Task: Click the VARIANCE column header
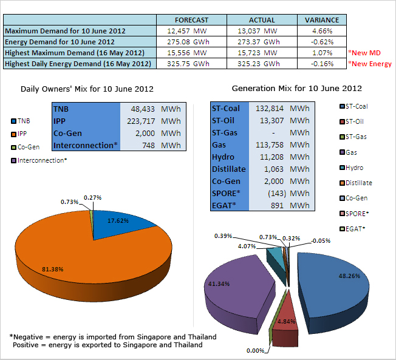point(322,20)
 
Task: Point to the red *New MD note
point(364,53)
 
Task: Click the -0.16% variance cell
point(322,64)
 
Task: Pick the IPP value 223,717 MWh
point(154,121)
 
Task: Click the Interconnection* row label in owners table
point(86,146)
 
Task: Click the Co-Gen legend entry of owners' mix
point(26,147)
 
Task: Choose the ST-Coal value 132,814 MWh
point(282,109)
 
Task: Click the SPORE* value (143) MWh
point(288,194)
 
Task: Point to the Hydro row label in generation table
point(223,157)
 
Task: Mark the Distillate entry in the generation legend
point(356,183)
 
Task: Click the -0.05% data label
point(321,241)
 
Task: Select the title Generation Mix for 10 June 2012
point(297,89)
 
